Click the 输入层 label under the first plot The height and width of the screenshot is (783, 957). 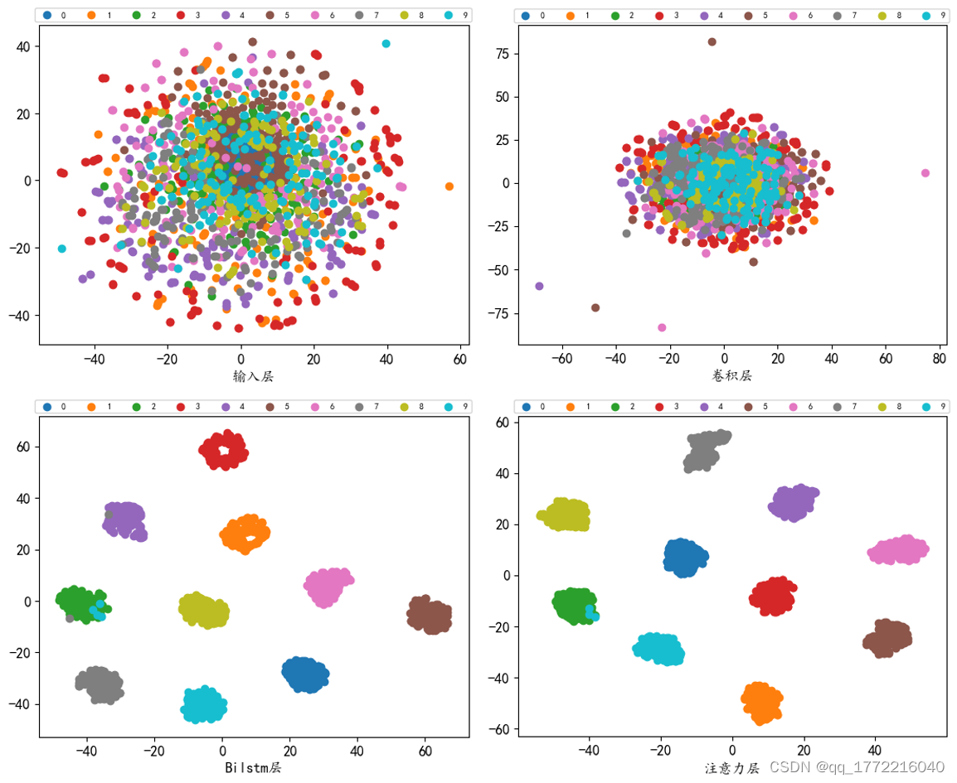(254, 377)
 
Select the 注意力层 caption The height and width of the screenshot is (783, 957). (732, 768)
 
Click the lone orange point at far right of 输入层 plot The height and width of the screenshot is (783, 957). (449, 186)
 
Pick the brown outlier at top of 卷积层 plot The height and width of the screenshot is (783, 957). (712, 41)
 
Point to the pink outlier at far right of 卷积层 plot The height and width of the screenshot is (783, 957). (925, 173)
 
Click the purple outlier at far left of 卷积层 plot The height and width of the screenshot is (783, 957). (539, 286)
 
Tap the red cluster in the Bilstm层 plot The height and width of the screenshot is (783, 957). (224, 450)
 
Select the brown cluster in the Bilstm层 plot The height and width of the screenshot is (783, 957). (430, 616)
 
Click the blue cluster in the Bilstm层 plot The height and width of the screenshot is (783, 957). (305, 674)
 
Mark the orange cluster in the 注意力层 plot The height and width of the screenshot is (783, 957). (762, 703)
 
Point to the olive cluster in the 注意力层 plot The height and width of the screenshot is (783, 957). (564, 515)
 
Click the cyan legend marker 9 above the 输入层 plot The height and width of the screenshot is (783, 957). (449, 16)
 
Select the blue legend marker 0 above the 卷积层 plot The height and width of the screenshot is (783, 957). (526, 16)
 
